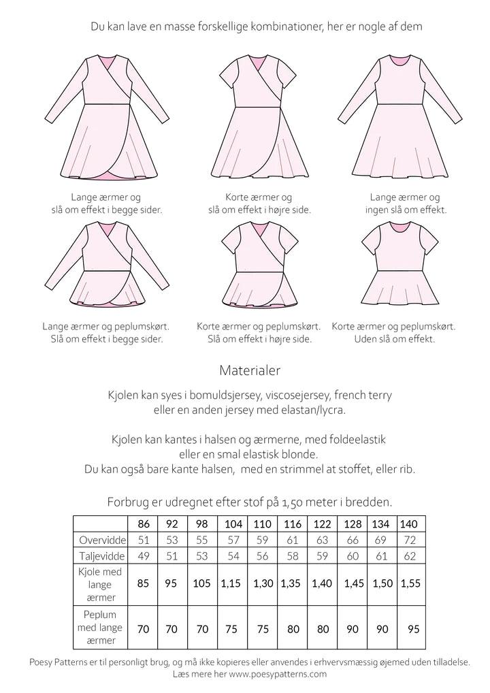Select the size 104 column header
[233, 525]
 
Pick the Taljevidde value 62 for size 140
[410, 556]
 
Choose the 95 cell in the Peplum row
[412, 629]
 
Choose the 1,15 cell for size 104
[231, 583]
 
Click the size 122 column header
[322, 525]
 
